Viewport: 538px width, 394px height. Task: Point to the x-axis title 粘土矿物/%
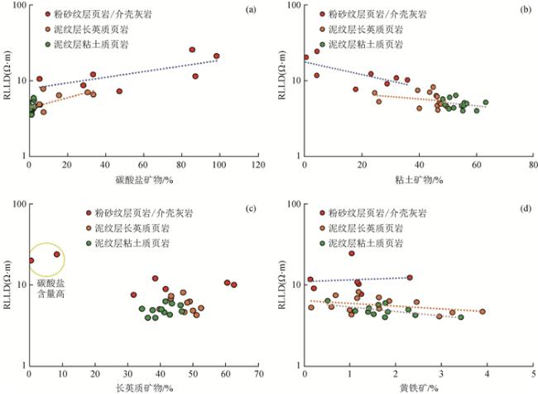419,179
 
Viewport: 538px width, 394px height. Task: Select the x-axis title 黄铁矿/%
420,387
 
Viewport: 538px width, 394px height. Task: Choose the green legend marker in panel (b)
324,43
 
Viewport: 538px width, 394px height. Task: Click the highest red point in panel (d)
351,253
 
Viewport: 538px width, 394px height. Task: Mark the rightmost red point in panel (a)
217,56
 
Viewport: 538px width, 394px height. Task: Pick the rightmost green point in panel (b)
486,103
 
